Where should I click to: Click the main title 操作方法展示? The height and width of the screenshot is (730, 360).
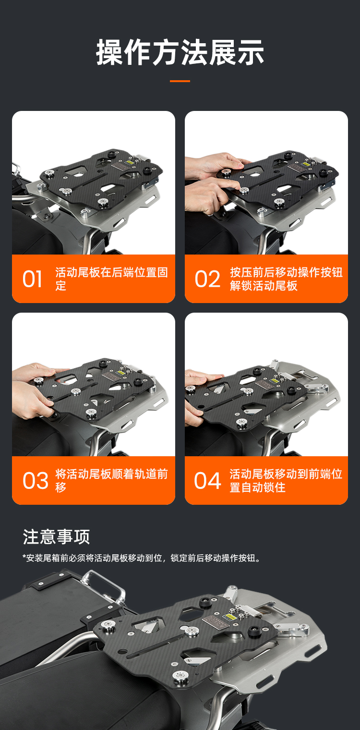[x=180, y=52]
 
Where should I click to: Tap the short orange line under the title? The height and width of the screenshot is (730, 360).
[x=180, y=81]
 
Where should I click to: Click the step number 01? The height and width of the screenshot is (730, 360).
[x=32, y=279]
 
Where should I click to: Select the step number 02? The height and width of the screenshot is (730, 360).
[x=207, y=279]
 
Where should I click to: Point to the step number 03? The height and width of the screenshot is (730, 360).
[x=36, y=481]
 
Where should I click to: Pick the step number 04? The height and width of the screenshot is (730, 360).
[x=207, y=481]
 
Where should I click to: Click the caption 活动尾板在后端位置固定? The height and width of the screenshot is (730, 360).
[x=111, y=279]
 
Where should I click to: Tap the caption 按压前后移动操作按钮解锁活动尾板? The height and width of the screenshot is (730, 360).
[x=286, y=279]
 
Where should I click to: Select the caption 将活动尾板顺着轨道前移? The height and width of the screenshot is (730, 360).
[x=111, y=481]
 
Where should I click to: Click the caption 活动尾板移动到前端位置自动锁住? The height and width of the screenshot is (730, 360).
[x=286, y=481]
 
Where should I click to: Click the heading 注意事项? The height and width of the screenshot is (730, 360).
[x=56, y=536]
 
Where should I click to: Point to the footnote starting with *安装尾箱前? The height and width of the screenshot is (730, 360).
[x=142, y=558]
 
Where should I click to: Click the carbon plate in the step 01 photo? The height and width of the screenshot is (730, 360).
[x=101, y=178]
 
